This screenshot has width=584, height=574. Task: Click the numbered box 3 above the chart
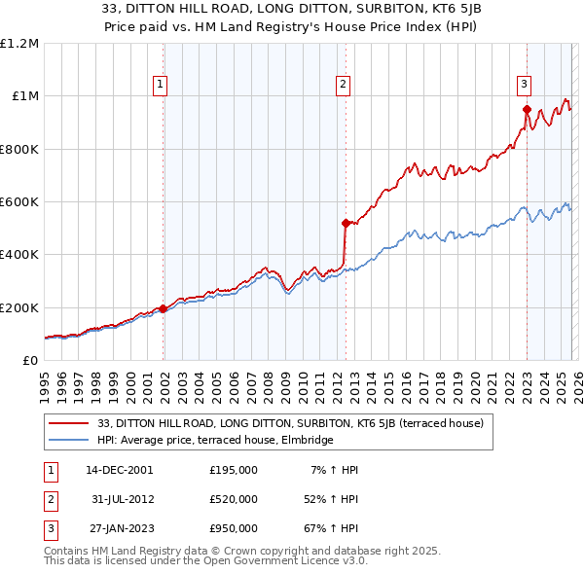tap(524, 84)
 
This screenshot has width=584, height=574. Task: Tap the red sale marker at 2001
tap(164, 308)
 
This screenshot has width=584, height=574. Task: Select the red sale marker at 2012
tap(346, 223)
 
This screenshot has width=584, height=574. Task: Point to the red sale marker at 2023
tap(527, 110)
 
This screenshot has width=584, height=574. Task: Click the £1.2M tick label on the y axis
tap(19, 44)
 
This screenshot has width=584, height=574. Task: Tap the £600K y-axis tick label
tap(19, 202)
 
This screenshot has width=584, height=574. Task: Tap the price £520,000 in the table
tap(234, 499)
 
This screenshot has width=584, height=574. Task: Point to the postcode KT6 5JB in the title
tap(414, 8)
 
